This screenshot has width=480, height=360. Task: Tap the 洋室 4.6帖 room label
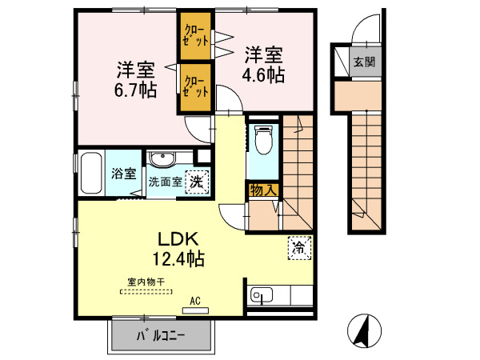coord(263,65)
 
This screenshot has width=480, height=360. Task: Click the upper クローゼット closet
coord(195,35)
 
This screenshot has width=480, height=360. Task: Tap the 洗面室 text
coord(166,181)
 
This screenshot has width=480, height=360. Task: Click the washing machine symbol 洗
coord(195,181)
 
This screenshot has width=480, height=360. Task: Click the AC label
coord(194,302)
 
